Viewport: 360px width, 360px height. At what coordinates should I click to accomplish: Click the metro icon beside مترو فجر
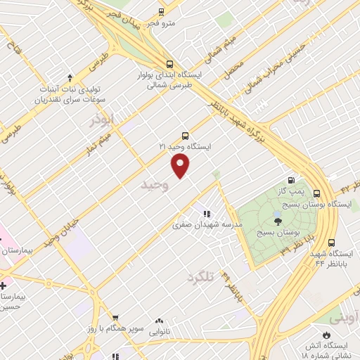(161, 12)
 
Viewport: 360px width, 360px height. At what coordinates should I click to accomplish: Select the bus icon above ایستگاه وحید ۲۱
(185, 135)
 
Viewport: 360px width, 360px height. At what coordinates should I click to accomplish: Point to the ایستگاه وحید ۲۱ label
(185, 146)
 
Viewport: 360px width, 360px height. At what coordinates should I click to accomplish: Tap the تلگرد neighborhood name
(200, 278)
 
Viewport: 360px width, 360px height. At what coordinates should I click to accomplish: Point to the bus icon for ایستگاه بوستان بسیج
(316, 193)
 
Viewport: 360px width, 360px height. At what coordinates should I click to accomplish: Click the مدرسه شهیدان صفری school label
(207, 225)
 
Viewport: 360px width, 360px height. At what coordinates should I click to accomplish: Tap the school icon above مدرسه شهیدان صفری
(207, 214)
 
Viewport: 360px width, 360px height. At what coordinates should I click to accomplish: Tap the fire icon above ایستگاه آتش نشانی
(326, 335)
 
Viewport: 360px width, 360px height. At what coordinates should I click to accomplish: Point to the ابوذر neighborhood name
(101, 120)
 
